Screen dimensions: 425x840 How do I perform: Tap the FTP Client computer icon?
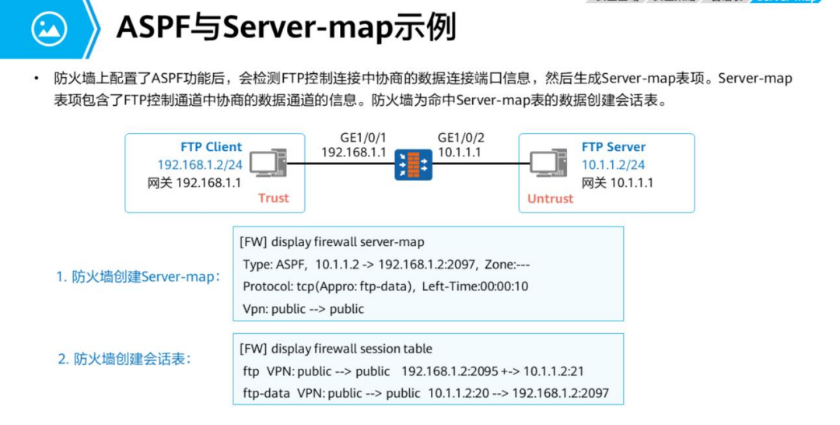[269, 163]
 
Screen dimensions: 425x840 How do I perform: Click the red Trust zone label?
[273, 198]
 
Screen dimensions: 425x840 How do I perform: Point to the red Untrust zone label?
[550, 198]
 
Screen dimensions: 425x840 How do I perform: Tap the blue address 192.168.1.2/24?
[199, 165]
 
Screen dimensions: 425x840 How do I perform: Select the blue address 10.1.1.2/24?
[613, 165]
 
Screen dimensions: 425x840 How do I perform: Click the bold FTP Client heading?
[211, 146]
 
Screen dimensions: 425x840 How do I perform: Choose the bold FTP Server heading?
[613, 146]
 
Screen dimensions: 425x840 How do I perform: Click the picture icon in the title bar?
[49, 29]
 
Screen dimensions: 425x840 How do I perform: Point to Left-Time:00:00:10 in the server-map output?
[475, 286]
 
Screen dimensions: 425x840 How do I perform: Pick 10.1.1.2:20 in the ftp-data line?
[459, 394]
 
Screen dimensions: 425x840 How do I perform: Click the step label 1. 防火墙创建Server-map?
[138, 276]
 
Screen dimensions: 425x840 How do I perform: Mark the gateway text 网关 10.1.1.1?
[618, 183]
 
